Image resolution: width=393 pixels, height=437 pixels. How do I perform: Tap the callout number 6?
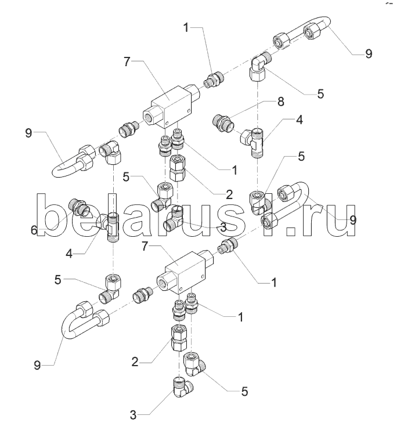(34, 231)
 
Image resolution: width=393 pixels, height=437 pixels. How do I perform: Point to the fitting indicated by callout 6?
(78, 206)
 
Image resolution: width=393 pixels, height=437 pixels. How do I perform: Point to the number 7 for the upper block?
(128, 61)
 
